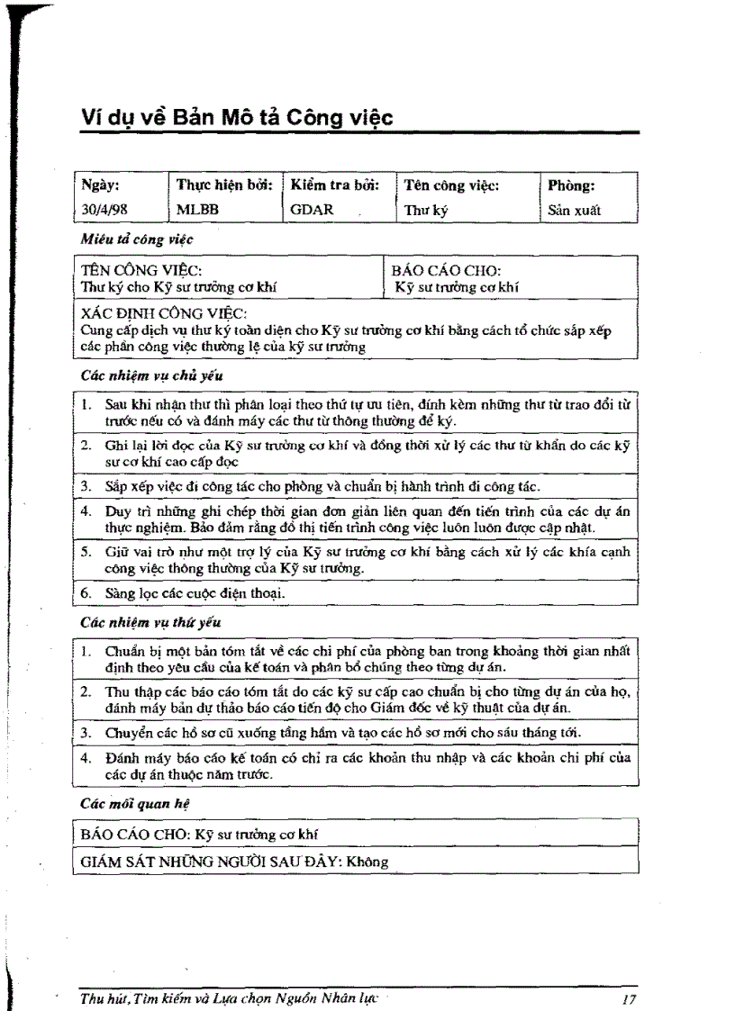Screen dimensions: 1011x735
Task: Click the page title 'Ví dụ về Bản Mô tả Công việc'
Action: [237, 118]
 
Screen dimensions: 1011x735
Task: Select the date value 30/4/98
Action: [99, 211]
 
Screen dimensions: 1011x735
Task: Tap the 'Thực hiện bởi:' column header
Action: [224, 186]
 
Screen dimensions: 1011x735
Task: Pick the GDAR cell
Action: [313, 211]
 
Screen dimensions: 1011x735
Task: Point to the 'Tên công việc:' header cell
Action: [451, 186]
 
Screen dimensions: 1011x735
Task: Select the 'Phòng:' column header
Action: [572, 186]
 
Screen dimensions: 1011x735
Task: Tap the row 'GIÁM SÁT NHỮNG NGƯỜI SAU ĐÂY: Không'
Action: [234, 862]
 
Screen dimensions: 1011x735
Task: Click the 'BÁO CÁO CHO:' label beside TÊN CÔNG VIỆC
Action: [447, 269]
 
